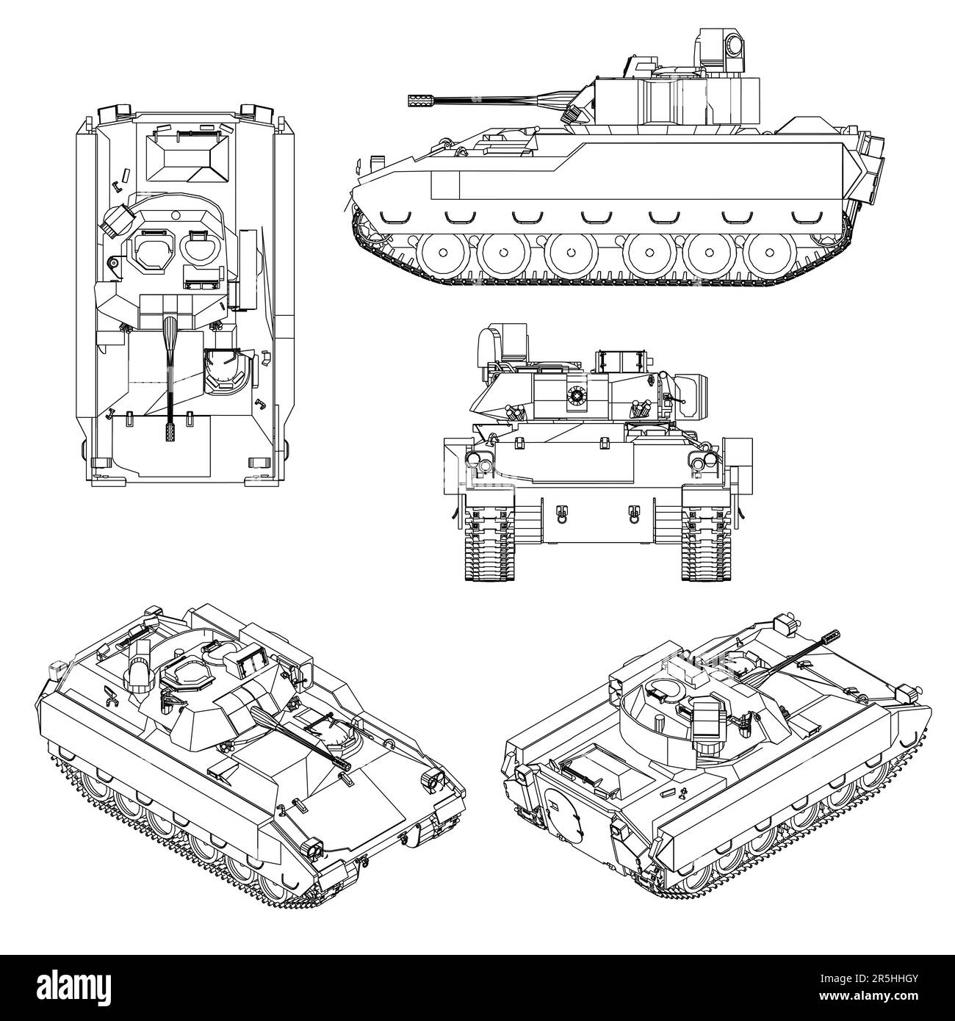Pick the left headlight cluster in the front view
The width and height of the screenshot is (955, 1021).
coord(479,461)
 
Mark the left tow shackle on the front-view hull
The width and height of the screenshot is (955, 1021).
coord(562,513)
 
